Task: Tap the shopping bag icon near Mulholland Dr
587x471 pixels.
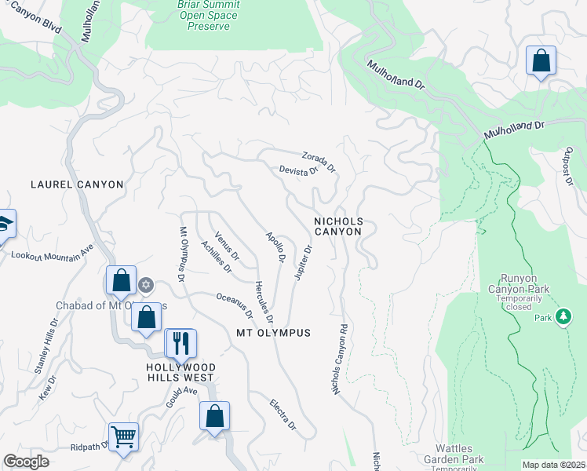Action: [x=541, y=61]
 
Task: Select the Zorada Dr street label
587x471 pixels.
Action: [x=318, y=162]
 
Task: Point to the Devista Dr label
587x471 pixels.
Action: [x=298, y=170]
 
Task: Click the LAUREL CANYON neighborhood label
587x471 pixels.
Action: [x=77, y=184]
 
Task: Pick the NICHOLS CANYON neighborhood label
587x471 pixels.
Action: [x=338, y=226]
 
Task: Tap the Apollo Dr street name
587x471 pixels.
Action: [x=275, y=247]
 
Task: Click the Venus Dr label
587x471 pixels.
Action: [x=227, y=246]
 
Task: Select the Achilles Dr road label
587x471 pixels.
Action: [x=216, y=257]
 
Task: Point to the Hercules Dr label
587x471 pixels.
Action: [x=263, y=302]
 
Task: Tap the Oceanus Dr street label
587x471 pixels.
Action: [x=235, y=305]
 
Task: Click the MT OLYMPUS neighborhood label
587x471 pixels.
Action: [x=273, y=333]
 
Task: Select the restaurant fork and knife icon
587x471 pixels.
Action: [x=180, y=342]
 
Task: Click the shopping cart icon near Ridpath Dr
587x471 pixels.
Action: [x=124, y=436]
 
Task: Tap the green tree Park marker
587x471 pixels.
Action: [x=563, y=316]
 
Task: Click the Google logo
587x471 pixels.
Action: [x=27, y=462]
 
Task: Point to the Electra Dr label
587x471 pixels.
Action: [x=283, y=415]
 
